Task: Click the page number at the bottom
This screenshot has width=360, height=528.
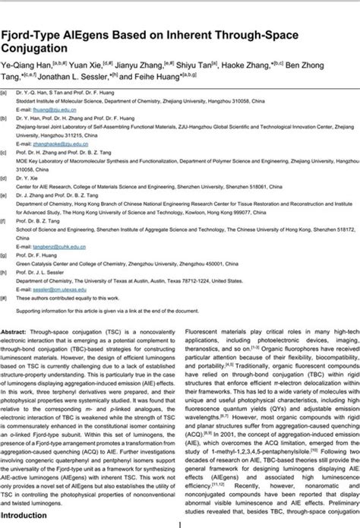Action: (x=179, y=523)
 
